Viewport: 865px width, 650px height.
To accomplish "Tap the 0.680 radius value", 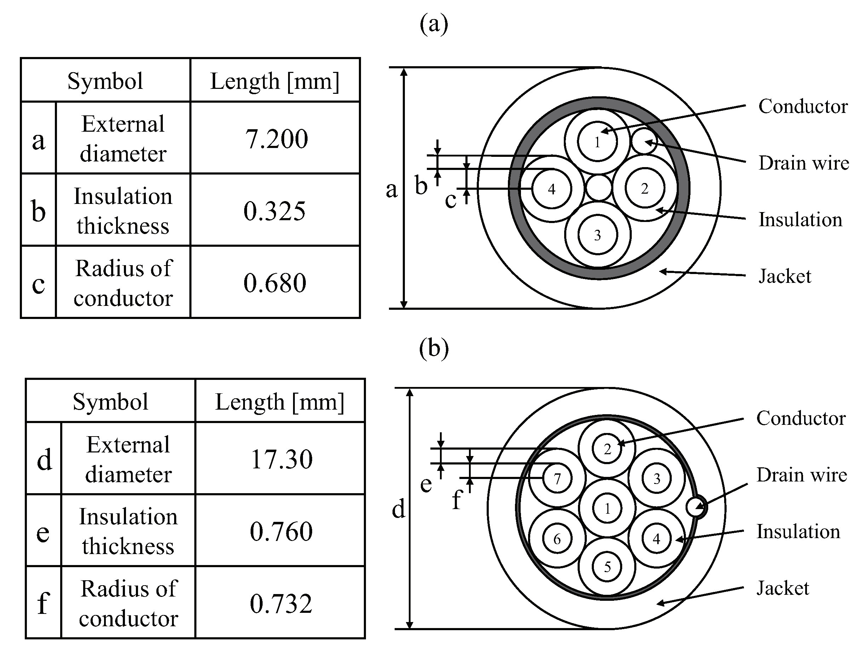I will (275, 283).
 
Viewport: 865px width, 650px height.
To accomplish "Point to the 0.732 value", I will (281, 604).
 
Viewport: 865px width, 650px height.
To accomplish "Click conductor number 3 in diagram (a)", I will (597, 235).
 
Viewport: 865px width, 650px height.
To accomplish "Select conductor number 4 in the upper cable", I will (551, 189).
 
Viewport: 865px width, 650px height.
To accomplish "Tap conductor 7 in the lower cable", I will (557, 478).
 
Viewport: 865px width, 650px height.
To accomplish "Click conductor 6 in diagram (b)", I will (557, 539).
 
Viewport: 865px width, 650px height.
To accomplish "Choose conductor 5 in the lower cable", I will (607, 567).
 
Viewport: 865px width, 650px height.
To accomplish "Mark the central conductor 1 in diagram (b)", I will (607, 509).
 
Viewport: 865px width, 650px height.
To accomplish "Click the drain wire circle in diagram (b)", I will (696, 507).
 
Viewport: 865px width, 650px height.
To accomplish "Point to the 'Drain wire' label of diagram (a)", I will (804, 163).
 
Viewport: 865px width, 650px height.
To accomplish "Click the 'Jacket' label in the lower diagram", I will (783, 588).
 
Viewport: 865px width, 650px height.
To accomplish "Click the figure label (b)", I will (434, 348).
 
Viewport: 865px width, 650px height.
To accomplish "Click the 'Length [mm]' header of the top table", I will (275, 81).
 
